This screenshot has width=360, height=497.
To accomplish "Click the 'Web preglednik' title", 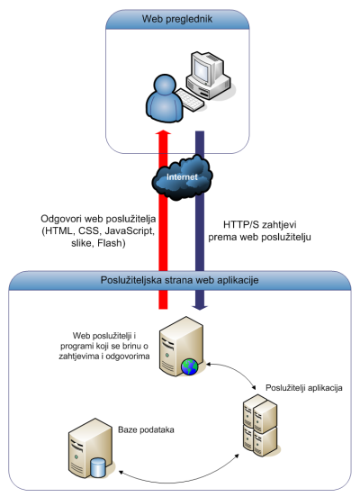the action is tap(176, 19).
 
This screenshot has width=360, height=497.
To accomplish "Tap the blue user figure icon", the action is tap(165, 98).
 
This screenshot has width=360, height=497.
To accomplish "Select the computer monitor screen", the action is tap(202, 69).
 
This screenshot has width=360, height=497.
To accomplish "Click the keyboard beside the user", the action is tap(190, 100).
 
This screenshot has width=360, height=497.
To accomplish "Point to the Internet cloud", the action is tap(182, 176).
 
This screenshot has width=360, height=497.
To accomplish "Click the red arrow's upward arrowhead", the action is tap(163, 132).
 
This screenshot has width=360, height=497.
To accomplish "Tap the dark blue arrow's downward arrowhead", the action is tap(200, 307).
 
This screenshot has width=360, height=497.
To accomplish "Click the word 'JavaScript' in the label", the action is tap(130, 231).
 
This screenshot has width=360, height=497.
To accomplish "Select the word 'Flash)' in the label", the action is tap(112, 243).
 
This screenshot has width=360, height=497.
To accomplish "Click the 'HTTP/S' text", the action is tap(238, 225).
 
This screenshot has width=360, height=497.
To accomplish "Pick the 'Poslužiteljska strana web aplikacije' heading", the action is tap(179, 280).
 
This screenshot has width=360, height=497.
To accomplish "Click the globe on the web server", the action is tap(190, 367).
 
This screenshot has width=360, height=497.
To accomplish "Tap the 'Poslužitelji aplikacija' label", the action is tap(304, 388).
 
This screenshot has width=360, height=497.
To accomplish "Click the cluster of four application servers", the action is tap(260, 425).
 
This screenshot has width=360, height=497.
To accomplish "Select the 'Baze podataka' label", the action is tap(146, 429).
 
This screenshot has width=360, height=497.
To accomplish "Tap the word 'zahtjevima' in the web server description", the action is tap(79, 357).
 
